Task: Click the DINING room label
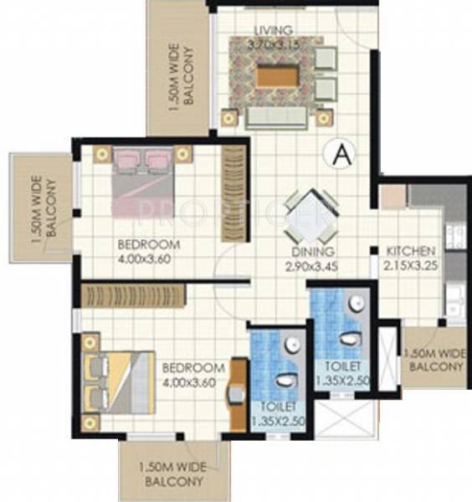pos(314,252)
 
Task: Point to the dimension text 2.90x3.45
pos(314,266)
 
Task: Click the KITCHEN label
pos(410,251)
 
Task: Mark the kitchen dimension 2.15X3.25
pos(410,265)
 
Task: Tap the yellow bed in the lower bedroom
pos(116,382)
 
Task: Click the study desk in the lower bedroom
pos(238,388)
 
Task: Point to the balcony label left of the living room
pos(182,76)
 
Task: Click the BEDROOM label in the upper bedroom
pos(149,244)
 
